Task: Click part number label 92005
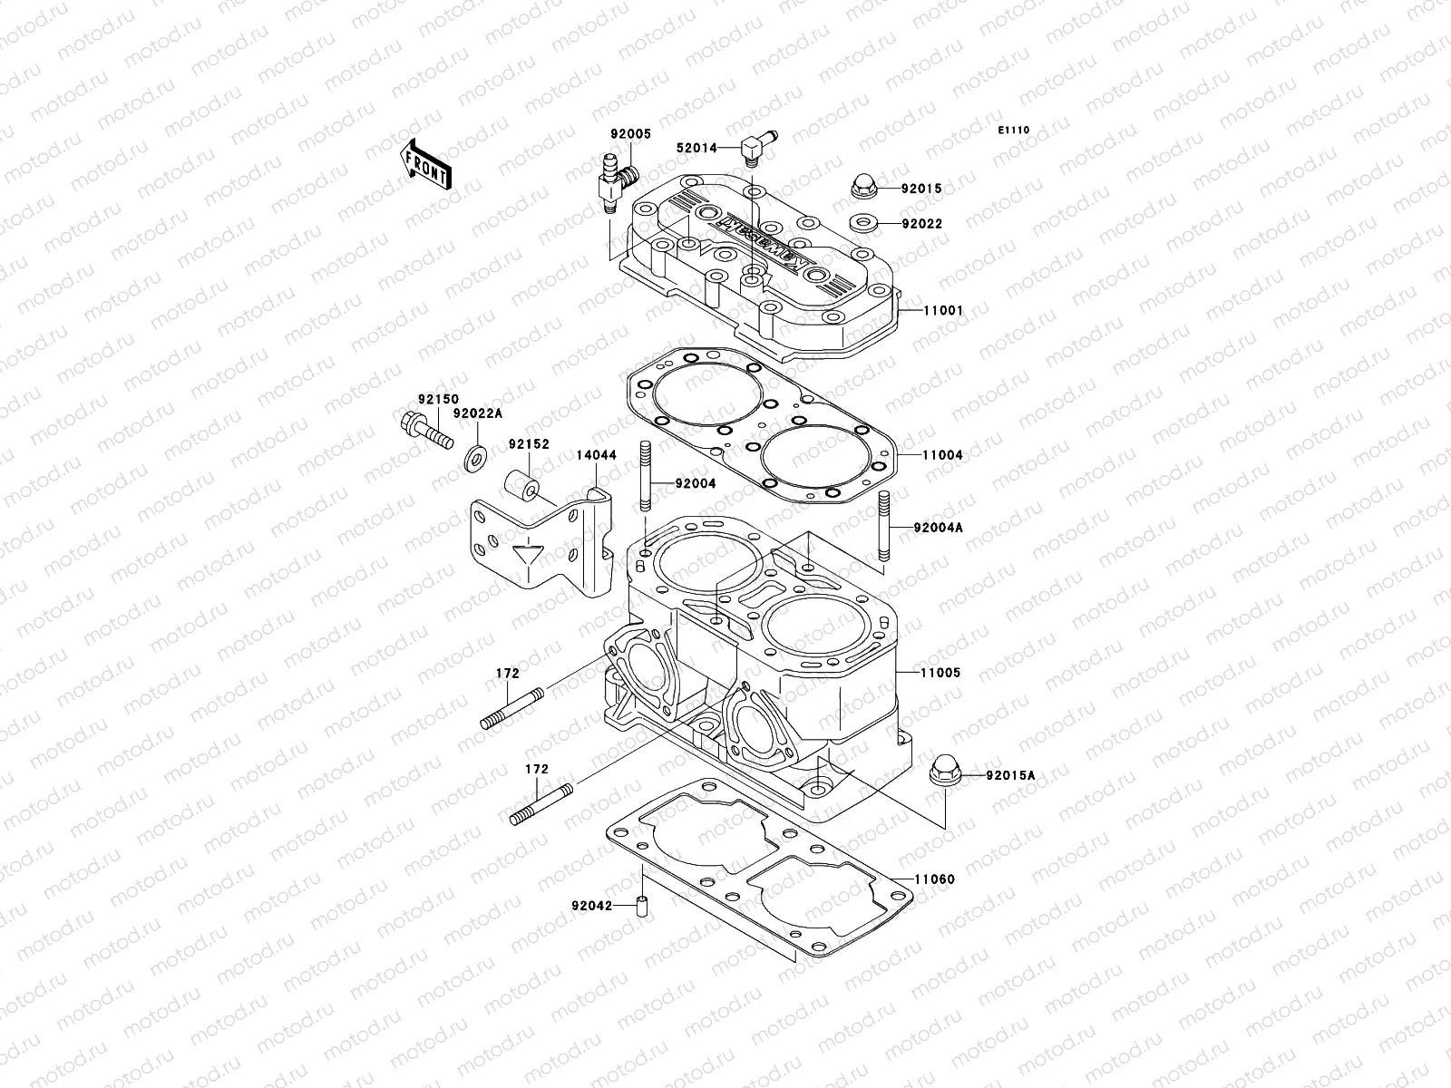(x=630, y=133)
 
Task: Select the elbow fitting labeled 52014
(x=757, y=147)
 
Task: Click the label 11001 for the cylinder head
(x=943, y=310)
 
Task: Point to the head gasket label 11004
(x=943, y=455)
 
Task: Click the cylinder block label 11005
(x=942, y=673)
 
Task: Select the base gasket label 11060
(x=934, y=879)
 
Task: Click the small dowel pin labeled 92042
(x=643, y=906)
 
